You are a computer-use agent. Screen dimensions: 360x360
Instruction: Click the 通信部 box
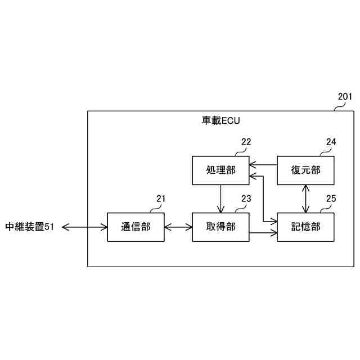(136, 227)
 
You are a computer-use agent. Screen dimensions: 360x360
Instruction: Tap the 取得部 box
(220, 227)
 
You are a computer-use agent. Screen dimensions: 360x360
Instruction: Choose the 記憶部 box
(305, 227)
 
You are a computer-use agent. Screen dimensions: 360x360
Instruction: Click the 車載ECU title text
(221, 120)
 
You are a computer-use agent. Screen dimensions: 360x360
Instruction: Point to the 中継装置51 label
(30, 227)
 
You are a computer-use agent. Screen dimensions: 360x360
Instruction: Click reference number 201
(345, 96)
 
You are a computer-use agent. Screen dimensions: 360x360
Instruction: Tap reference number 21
(161, 198)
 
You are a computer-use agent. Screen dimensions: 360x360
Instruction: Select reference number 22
(246, 142)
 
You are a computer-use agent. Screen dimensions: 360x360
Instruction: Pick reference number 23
(246, 198)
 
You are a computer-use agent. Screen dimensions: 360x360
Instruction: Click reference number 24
(331, 142)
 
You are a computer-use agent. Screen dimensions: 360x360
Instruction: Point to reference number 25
(331, 198)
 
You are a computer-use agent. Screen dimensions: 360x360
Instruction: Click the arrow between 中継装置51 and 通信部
(84, 227)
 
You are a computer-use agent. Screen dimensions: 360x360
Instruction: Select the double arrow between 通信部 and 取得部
(178, 227)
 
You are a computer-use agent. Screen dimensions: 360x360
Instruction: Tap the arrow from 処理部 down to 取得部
(220, 199)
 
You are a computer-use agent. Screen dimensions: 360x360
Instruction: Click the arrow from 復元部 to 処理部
(263, 165)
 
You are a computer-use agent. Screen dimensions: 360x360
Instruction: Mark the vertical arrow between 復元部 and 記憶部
(305, 199)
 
